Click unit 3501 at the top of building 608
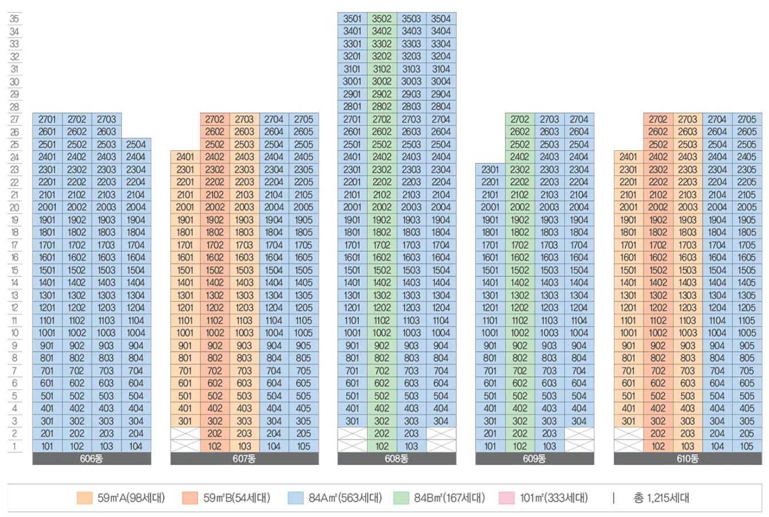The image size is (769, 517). (352, 19)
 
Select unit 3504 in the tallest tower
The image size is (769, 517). (441, 19)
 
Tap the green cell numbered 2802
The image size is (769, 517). (382, 106)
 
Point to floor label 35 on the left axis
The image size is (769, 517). (14, 19)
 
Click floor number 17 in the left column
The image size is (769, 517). (14, 245)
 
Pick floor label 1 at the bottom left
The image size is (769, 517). (14, 446)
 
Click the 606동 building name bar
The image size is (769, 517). (92, 459)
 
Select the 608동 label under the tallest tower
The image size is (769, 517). (396, 459)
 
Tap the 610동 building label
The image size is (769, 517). (688, 459)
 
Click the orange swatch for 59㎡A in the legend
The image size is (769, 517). (84, 498)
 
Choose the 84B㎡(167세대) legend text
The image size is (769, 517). (449, 498)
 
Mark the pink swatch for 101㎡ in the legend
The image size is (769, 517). (507, 498)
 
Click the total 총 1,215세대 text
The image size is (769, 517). (661, 498)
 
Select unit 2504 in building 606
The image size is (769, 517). (136, 144)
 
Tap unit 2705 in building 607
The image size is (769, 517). (303, 119)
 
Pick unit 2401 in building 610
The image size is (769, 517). (628, 157)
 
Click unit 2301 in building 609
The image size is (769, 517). (490, 169)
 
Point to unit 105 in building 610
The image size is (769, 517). (747, 446)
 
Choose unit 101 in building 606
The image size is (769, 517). (47, 446)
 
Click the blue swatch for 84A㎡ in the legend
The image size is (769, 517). (295, 498)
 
